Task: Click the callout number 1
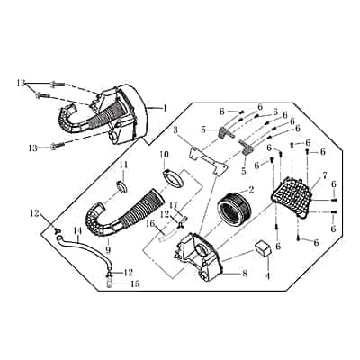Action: (x=164, y=108)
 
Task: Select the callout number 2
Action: (x=251, y=190)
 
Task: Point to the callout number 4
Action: (x=268, y=275)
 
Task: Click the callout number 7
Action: (x=326, y=175)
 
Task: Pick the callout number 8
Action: (x=245, y=274)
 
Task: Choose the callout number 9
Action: (x=108, y=249)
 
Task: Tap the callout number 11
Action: (x=123, y=165)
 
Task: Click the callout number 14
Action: (x=77, y=231)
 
